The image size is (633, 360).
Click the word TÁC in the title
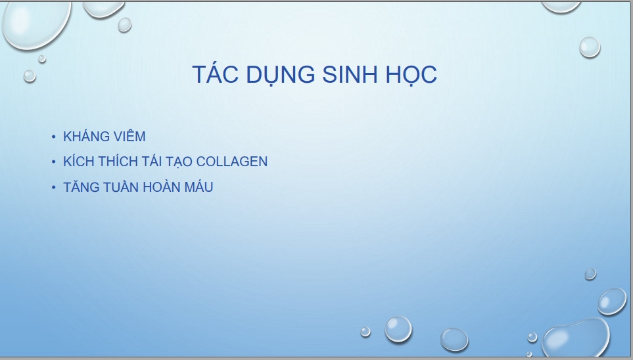pos(215,74)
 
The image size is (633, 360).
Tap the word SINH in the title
pos(350,74)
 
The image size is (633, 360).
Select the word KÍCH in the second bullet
pos(79,161)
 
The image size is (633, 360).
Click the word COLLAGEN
pos(232,162)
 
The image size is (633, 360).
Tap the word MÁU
pos(199,187)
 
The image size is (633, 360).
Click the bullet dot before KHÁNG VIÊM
pos(54,137)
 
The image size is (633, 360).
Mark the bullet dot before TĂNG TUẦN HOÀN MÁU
pos(54,187)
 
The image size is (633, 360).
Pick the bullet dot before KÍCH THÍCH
pos(54,162)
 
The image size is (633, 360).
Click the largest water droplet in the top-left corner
pos(36,24)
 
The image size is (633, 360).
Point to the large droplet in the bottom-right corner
pos(575,338)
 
